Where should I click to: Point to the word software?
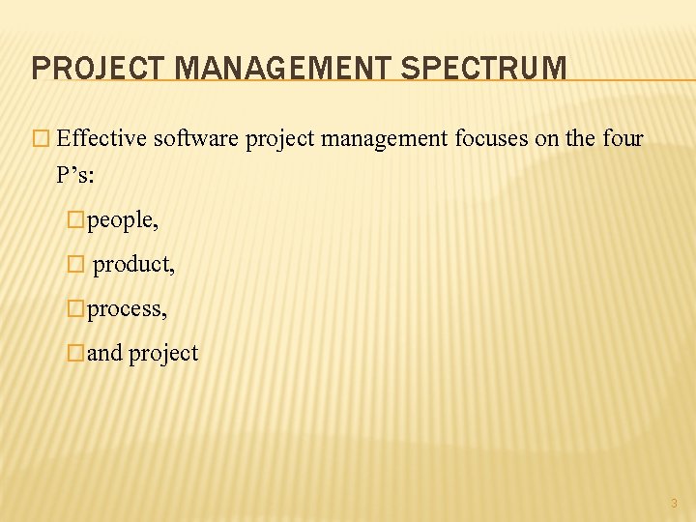click(x=197, y=139)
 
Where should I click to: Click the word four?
click(x=623, y=139)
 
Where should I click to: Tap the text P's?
click(x=77, y=175)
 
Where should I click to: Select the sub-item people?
click(x=123, y=220)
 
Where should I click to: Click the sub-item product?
click(x=134, y=264)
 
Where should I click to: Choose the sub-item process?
click(x=128, y=308)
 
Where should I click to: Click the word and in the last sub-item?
click(x=105, y=353)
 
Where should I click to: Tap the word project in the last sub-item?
click(x=163, y=354)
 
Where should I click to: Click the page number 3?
click(x=674, y=503)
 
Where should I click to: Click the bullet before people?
click(x=77, y=220)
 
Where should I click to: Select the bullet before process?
click(x=77, y=308)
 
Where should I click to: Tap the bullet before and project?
click(x=77, y=353)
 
